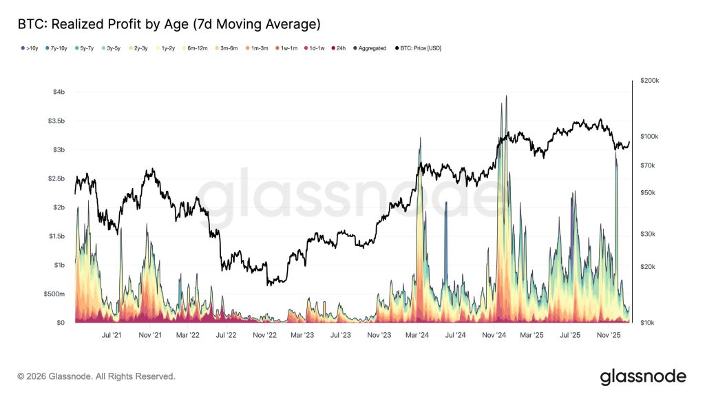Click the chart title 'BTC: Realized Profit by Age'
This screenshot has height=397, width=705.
(x=169, y=25)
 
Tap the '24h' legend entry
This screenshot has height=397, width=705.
(x=339, y=48)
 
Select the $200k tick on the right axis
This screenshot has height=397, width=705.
(x=649, y=81)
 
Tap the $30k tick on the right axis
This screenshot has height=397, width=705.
(x=647, y=234)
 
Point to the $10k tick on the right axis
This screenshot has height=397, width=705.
(x=647, y=323)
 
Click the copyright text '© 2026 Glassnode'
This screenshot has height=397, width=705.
(x=96, y=376)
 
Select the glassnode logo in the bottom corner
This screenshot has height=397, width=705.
(x=643, y=376)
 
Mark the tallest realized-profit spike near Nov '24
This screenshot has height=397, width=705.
(x=506, y=97)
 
